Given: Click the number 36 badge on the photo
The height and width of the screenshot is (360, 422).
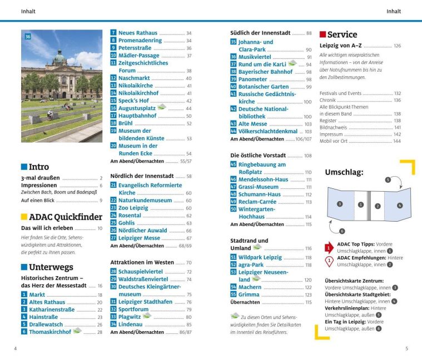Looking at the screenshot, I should (28, 37).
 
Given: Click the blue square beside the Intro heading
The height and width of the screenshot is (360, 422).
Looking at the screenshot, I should (24, 167).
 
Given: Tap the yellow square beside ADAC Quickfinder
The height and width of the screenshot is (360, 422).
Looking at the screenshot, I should (24, 217).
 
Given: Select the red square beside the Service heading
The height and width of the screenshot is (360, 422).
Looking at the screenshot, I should (322, 34).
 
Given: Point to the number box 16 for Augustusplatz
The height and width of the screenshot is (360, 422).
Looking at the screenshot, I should (113, 108).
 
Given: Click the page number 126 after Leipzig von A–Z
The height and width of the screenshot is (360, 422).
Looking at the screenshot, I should (396, 46).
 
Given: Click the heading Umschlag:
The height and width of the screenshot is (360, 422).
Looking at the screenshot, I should (344, 172).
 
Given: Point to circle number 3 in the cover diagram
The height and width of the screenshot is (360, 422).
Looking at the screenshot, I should (339, 204).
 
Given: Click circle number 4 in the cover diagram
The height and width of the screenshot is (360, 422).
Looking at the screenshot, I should (399, 205).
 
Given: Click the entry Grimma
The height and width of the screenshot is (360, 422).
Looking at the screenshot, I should (250, 294).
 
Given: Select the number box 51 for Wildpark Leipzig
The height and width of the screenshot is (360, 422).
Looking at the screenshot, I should (234, 257).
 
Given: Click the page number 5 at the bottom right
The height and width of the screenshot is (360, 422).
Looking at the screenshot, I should (406, 349).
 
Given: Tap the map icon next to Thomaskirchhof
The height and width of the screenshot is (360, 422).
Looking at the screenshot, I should (77, 331).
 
